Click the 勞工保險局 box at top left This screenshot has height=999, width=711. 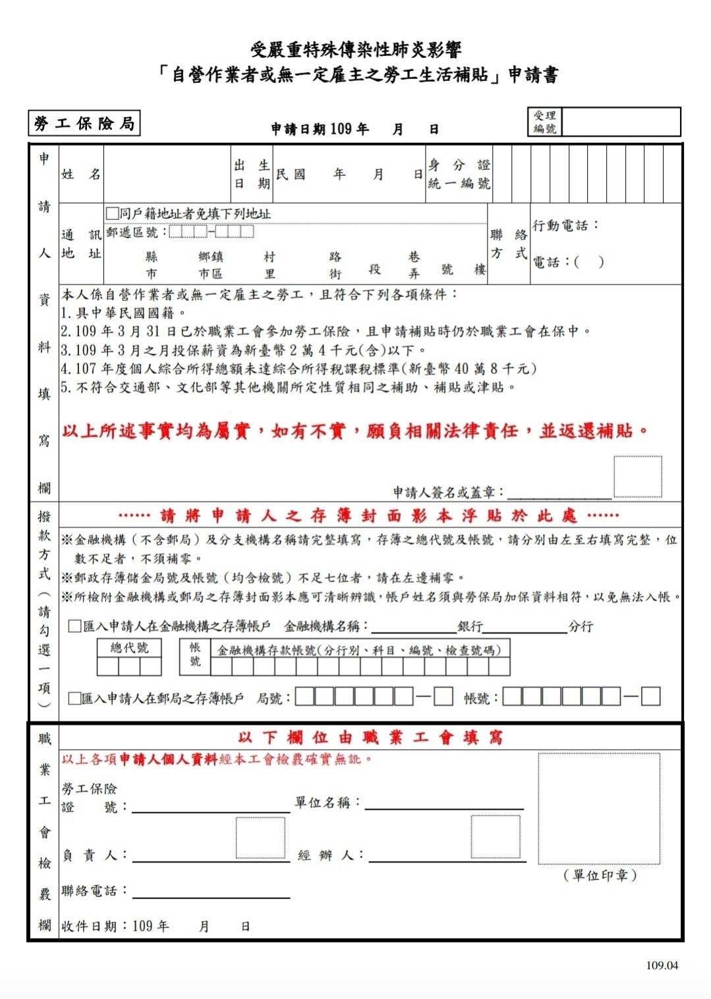point(84,123)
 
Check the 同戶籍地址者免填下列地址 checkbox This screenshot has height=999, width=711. point(113,213)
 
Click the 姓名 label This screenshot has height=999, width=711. point(80,175)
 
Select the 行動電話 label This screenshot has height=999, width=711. point(565,226)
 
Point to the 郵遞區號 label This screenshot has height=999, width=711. point(132,232)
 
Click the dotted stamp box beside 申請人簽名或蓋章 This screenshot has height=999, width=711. point(637,476)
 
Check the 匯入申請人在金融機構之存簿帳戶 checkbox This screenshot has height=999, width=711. point(75,626)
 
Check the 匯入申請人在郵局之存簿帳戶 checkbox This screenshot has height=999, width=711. point(75,698)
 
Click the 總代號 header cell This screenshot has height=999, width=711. point(129,648)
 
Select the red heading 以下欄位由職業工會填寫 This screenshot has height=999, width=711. point(370,738)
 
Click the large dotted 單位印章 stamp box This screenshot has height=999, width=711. point(598,809)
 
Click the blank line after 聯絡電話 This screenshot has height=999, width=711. point(211,893)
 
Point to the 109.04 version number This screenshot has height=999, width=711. point(662,965)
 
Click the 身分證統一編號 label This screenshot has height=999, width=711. point(459,175)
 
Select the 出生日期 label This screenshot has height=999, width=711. point(252,175)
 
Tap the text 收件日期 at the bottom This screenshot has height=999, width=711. point(89,927)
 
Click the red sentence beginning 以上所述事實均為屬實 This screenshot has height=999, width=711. point(355,431)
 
